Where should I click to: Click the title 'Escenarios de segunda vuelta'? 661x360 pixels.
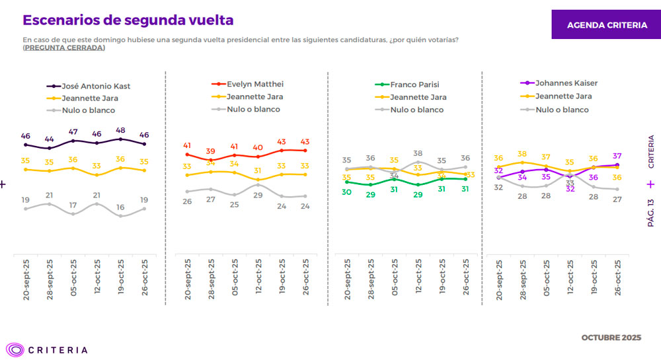(128, 20)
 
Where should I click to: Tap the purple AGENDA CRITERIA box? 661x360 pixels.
(607, 25)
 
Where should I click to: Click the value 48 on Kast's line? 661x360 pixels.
(120, 130)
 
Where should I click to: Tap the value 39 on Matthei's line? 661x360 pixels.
(211, 151)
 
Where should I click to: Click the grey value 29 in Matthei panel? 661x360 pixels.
(258, 195)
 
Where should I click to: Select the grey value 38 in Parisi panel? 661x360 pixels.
(418, 153)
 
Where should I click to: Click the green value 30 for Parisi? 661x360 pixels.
(347, 192)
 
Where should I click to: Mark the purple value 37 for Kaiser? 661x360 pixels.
(617, 156)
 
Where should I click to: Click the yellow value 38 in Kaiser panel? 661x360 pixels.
(522, 154)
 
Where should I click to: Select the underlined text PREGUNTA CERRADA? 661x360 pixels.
(64, 48)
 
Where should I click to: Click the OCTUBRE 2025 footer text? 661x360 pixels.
(611, 338)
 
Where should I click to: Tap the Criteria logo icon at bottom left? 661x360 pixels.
(15, 349)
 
